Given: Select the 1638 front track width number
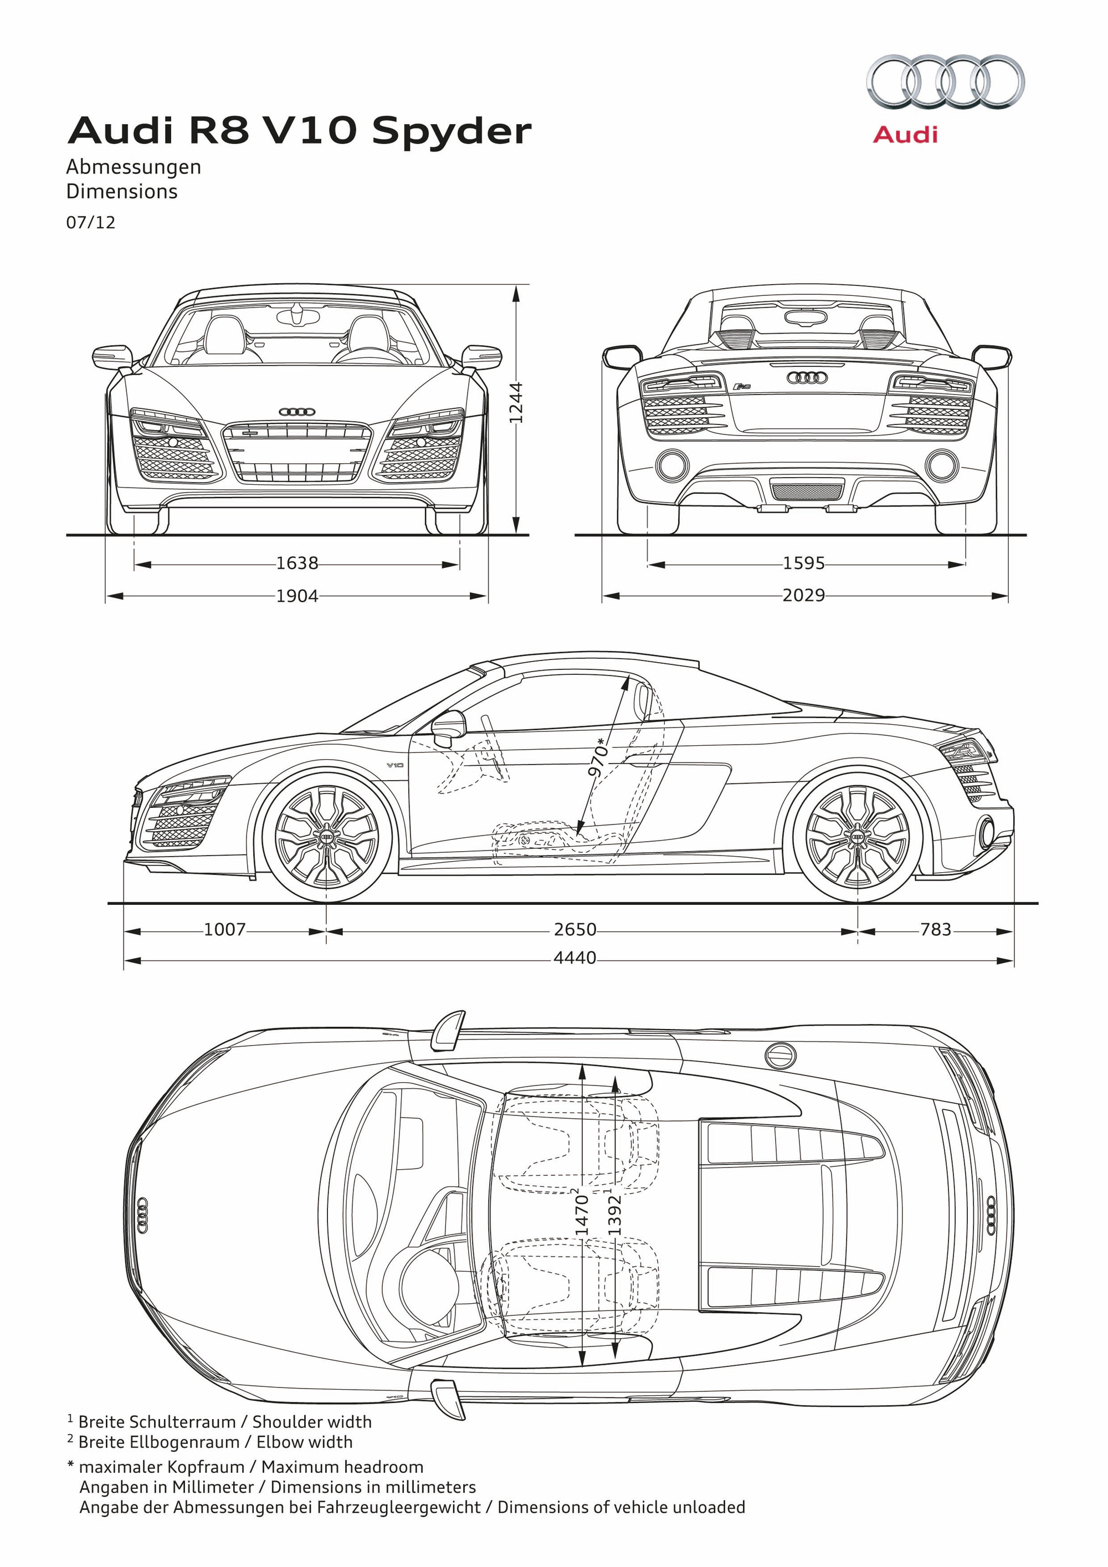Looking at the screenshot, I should click(297, 563).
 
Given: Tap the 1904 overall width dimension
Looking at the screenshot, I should click(297, 596).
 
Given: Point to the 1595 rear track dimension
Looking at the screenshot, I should click(804, 563).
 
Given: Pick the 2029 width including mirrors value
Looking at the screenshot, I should click(804, 595).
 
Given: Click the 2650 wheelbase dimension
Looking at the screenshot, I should click(574, 930).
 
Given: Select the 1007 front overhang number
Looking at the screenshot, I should click(224, 930).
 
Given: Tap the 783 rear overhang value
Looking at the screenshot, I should click(935, 930).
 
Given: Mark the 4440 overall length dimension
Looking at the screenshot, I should click(574, 958).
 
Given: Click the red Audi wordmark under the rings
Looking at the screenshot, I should click(905, 135).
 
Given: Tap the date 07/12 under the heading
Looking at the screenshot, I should click(91, 223).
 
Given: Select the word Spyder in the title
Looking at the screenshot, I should click(452, 132).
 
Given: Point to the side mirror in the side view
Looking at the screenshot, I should click(449, 728).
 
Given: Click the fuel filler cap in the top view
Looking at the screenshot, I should click(780, 1056).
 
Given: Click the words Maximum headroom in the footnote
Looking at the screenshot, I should click(342, 1467).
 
